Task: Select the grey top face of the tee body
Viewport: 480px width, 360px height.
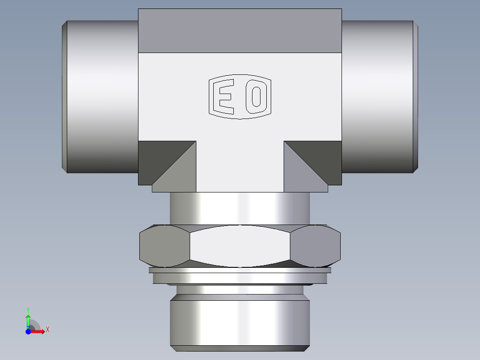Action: (240, 30)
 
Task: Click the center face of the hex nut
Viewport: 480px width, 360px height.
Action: (240, 246)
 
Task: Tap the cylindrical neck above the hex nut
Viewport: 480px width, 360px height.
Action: (240, 208)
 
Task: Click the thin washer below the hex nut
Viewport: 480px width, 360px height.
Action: (240, 270)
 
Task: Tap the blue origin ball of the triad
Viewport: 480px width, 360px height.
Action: (28, 331)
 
